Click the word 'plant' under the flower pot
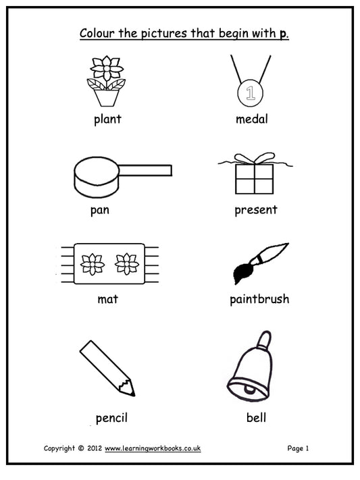click(107, 119)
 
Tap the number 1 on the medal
click(251, 92)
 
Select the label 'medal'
click(251, 118)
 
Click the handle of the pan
click(145, 170)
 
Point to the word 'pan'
click(99, 211)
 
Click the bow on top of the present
click(255, 158)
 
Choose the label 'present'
click(256, 211)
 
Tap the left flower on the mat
click(93, 264)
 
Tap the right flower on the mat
click(126, 264)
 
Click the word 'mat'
click(107, 299)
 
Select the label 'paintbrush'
click(259, 299)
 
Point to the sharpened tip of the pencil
click(134, 395)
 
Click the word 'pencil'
click(111, 418)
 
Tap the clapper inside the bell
click(249, 390)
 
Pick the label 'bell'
click(256, 417)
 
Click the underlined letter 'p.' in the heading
click(284, 34)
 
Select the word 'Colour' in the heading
click(97, 33)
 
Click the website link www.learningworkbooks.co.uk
click(153, 448)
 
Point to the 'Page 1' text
click(298, 448)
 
